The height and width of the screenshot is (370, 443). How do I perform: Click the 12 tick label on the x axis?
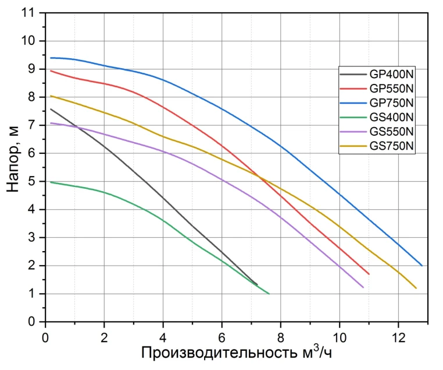pyautogui.click(x=398, y=337)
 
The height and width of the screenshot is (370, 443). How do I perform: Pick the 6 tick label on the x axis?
pyautogui.click(x=222, y=337)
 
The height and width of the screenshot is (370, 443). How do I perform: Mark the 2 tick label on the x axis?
pyautogui.click(x=104, y=337)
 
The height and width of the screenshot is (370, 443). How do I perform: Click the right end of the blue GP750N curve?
pyautogui.click(x=422, y=265)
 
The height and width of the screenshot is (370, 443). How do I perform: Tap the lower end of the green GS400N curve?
pyautogui.click(x=269, y=293)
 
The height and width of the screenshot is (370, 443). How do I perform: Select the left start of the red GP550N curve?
pyautogui.click(x=51, y=71)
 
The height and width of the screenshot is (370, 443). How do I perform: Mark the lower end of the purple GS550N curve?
pyautogui.click(x=363, y=287)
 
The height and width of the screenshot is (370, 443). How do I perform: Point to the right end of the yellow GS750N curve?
pyautogui.click(x=416, y=288)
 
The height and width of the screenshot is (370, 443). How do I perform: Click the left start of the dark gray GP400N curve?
pyautogui.click(x=51, y=109)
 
